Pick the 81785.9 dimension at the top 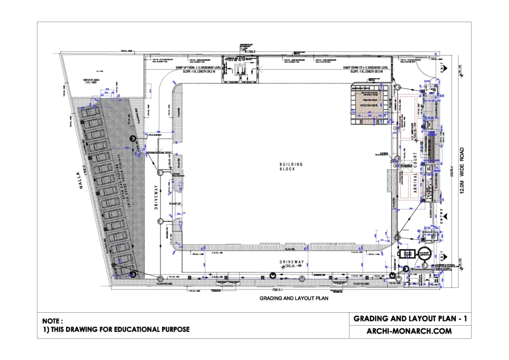[x=252, y=51]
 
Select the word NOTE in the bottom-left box [x=52, y=321]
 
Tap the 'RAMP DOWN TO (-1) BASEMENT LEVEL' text [x=365, y=68]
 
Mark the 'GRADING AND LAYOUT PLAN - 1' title [x=409, y=318]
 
